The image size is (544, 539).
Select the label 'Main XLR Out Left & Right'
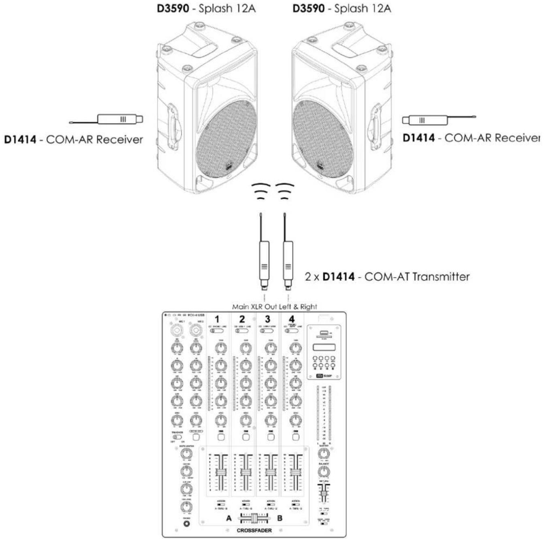pos(275,307)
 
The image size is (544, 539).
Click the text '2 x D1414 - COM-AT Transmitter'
pos(387,277)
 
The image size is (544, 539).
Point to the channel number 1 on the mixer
pos(217,319)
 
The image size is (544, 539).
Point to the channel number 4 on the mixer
pos(292,319)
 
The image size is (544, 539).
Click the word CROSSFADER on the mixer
pos(254,530)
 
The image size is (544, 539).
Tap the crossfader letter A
pos(229,518)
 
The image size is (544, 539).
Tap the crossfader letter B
pos(279,518)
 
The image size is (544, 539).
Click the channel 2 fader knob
pos(245,473)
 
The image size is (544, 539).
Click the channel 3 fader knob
pos(269,473)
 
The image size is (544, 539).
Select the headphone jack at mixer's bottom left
pos(186,524)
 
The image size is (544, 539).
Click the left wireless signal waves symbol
pos(261,191)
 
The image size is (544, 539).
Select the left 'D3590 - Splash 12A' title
pos(206,9)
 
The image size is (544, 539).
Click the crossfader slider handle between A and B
pos(254,518)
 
